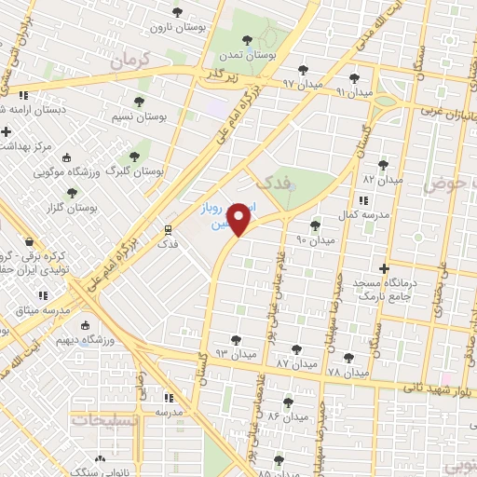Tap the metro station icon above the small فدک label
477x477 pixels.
168,228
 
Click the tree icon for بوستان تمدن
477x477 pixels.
247,40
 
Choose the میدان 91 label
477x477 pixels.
353,93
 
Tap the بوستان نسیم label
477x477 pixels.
138,116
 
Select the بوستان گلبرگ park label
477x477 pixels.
133,172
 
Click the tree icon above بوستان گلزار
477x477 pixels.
72,193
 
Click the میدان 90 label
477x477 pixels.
314,240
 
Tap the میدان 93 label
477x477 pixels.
235,354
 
